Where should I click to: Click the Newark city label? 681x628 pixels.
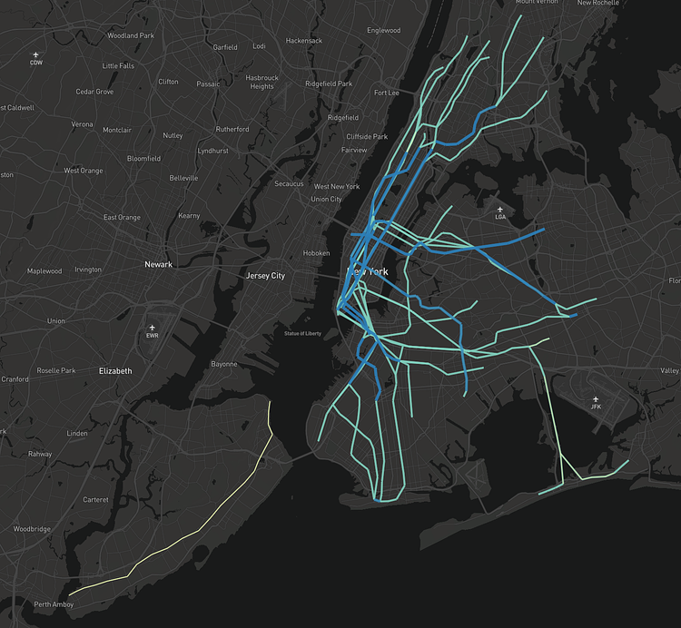pos(158,265)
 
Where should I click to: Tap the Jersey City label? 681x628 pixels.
pos(265,275)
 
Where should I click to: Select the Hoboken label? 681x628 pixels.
pos(316,253)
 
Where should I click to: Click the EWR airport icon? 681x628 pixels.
pos(153,328)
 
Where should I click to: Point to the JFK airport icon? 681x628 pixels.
pos(596,398)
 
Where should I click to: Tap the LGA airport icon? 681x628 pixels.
pos(500,209)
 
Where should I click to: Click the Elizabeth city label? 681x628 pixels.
pos(115,371)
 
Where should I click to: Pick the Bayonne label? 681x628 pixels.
pos(224,364)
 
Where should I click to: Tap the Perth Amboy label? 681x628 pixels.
pos(53,604)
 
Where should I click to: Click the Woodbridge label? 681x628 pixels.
pos(33,529)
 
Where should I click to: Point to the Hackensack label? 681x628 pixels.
pos(303,41)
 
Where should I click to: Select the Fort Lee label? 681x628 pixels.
pos(386,93)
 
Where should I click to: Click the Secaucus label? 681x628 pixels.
pos(289,183)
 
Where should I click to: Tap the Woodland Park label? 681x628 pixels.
pos(131,35)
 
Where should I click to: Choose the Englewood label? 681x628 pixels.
pos(383,30)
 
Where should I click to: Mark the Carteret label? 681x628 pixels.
pos(95,500)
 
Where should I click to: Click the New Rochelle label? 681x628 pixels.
pos(623,4)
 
